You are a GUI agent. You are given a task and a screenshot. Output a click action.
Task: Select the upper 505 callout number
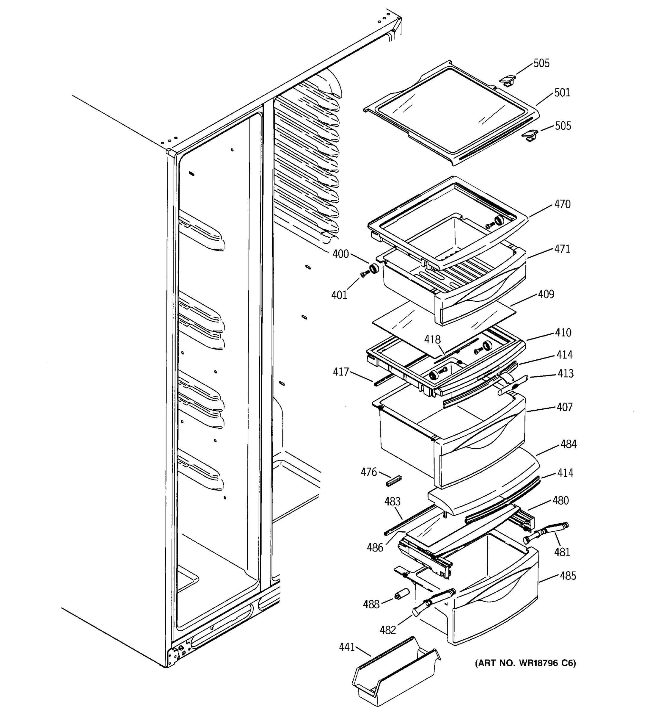coord(541,63)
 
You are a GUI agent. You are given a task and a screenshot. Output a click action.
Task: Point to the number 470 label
coord(562,204)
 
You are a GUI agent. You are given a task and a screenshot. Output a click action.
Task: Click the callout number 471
coord(562,249)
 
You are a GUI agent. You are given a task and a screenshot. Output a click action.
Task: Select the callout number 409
coord(546,294)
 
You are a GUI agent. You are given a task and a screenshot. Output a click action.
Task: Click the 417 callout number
coord(341,372)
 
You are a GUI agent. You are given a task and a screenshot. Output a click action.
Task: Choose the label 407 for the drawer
coord(565,407)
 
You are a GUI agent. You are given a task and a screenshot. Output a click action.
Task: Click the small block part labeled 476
coord(393,480)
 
